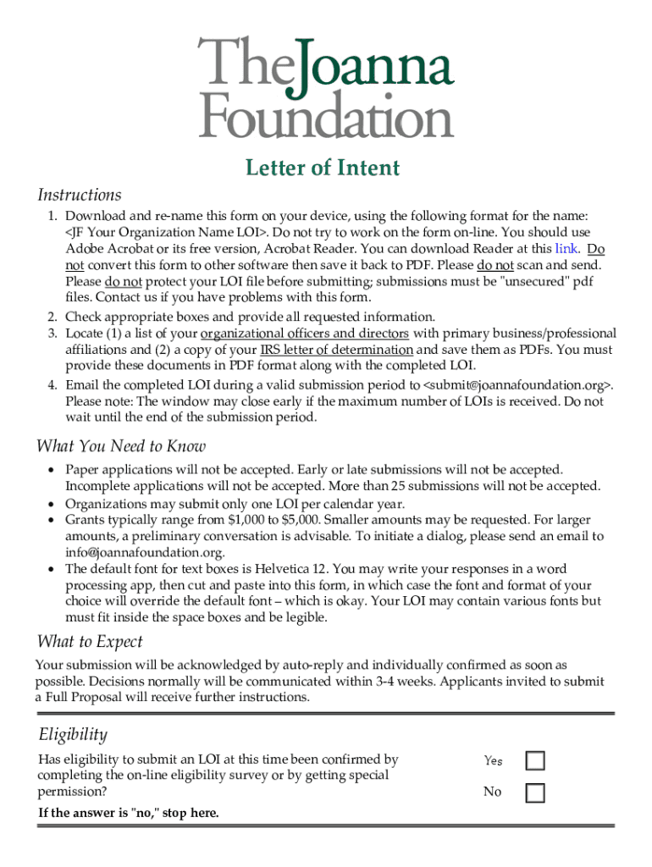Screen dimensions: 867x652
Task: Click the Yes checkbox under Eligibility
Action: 535,760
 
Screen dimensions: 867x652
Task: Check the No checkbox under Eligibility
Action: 535,792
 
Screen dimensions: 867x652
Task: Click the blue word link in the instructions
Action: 566,249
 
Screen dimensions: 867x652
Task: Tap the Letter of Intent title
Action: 323,168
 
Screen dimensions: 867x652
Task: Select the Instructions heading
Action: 80,195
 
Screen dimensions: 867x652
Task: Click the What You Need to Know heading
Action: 121,446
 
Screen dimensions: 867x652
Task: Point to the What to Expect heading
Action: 90,641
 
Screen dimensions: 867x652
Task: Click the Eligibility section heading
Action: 73,734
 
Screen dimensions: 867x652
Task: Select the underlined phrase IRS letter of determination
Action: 336,350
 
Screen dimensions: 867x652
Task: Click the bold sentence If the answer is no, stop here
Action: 129,813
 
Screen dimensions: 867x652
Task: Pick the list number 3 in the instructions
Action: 52,334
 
